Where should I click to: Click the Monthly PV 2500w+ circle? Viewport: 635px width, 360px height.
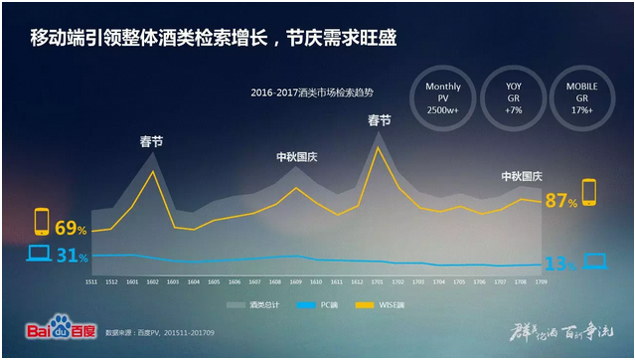(x=443, y=98)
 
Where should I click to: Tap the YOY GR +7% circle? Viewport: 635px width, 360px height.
(x=514, y=98)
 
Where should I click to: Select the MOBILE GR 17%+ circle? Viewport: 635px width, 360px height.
(x=584, y=98)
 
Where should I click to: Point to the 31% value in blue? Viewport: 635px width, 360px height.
(x=71, y=257)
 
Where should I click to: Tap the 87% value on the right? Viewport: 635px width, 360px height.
(x=559, y=201)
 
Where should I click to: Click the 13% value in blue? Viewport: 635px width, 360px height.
(x=561, y=264)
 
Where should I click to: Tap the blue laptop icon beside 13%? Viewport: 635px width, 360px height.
(x=594, y=262)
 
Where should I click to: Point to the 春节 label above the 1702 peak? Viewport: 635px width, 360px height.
(x=379, y=120)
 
